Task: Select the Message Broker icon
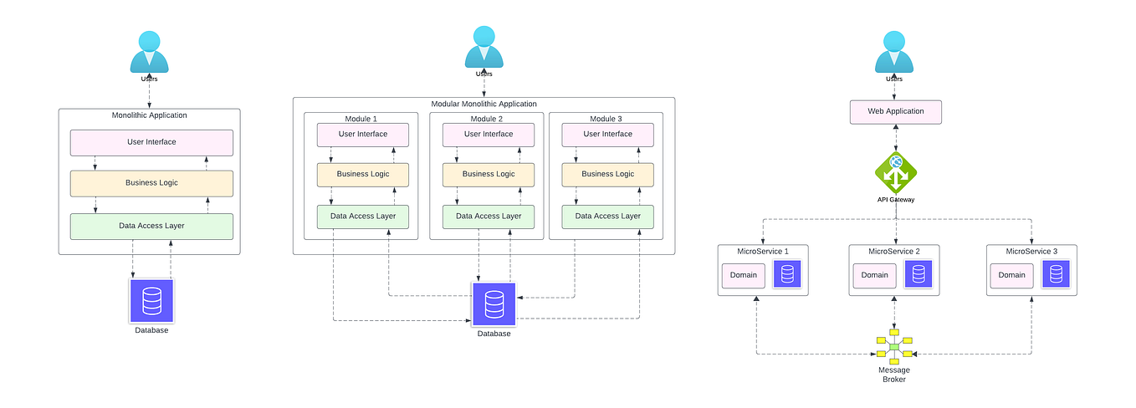893,347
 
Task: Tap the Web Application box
895,112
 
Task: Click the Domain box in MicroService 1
744,275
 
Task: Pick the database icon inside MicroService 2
919,274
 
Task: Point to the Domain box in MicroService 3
1011,275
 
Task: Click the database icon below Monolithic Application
151,301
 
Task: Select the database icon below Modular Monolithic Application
494,304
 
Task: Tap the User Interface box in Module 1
362,134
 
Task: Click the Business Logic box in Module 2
489,174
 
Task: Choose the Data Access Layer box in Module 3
607,216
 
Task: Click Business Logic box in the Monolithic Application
151,183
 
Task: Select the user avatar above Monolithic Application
149,52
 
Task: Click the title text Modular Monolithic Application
484,104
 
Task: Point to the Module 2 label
488,119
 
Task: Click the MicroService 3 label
1031,251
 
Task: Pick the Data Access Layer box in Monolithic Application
151,226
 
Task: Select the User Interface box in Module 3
607,134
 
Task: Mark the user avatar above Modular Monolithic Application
484,46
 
